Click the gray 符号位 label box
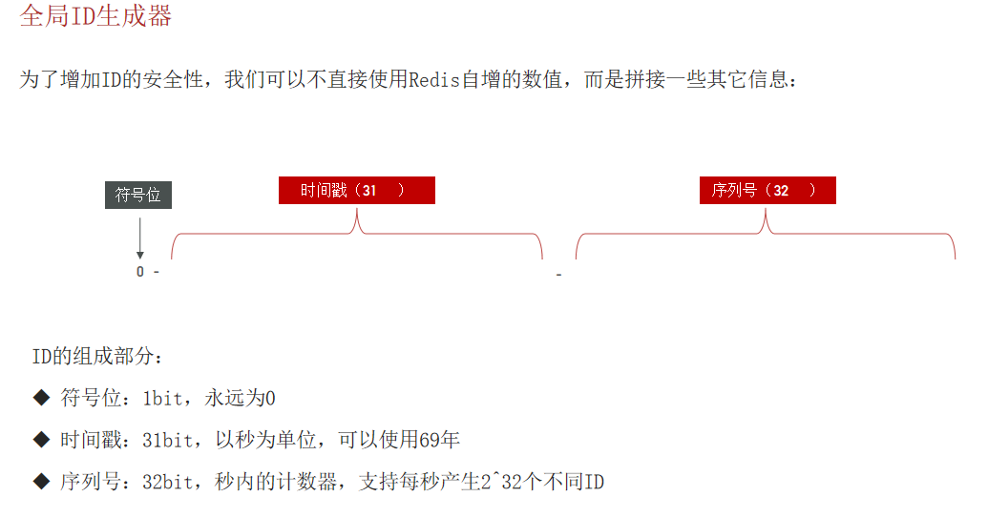click(x=137, y=195)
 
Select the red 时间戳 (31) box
click(x=356, y=190)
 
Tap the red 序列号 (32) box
click(x=767, y=190)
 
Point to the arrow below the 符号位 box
click(x=140, y=238)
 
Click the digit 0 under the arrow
click(x=140, y=272)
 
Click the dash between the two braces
click(x=558, y=276)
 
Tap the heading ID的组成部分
click(x=97, y=358)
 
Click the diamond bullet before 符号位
click(x=40, y=397)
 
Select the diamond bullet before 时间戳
click(x=40, y=439)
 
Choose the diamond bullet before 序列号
click(x=40, y=481)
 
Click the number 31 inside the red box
click(x=369, y=191)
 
